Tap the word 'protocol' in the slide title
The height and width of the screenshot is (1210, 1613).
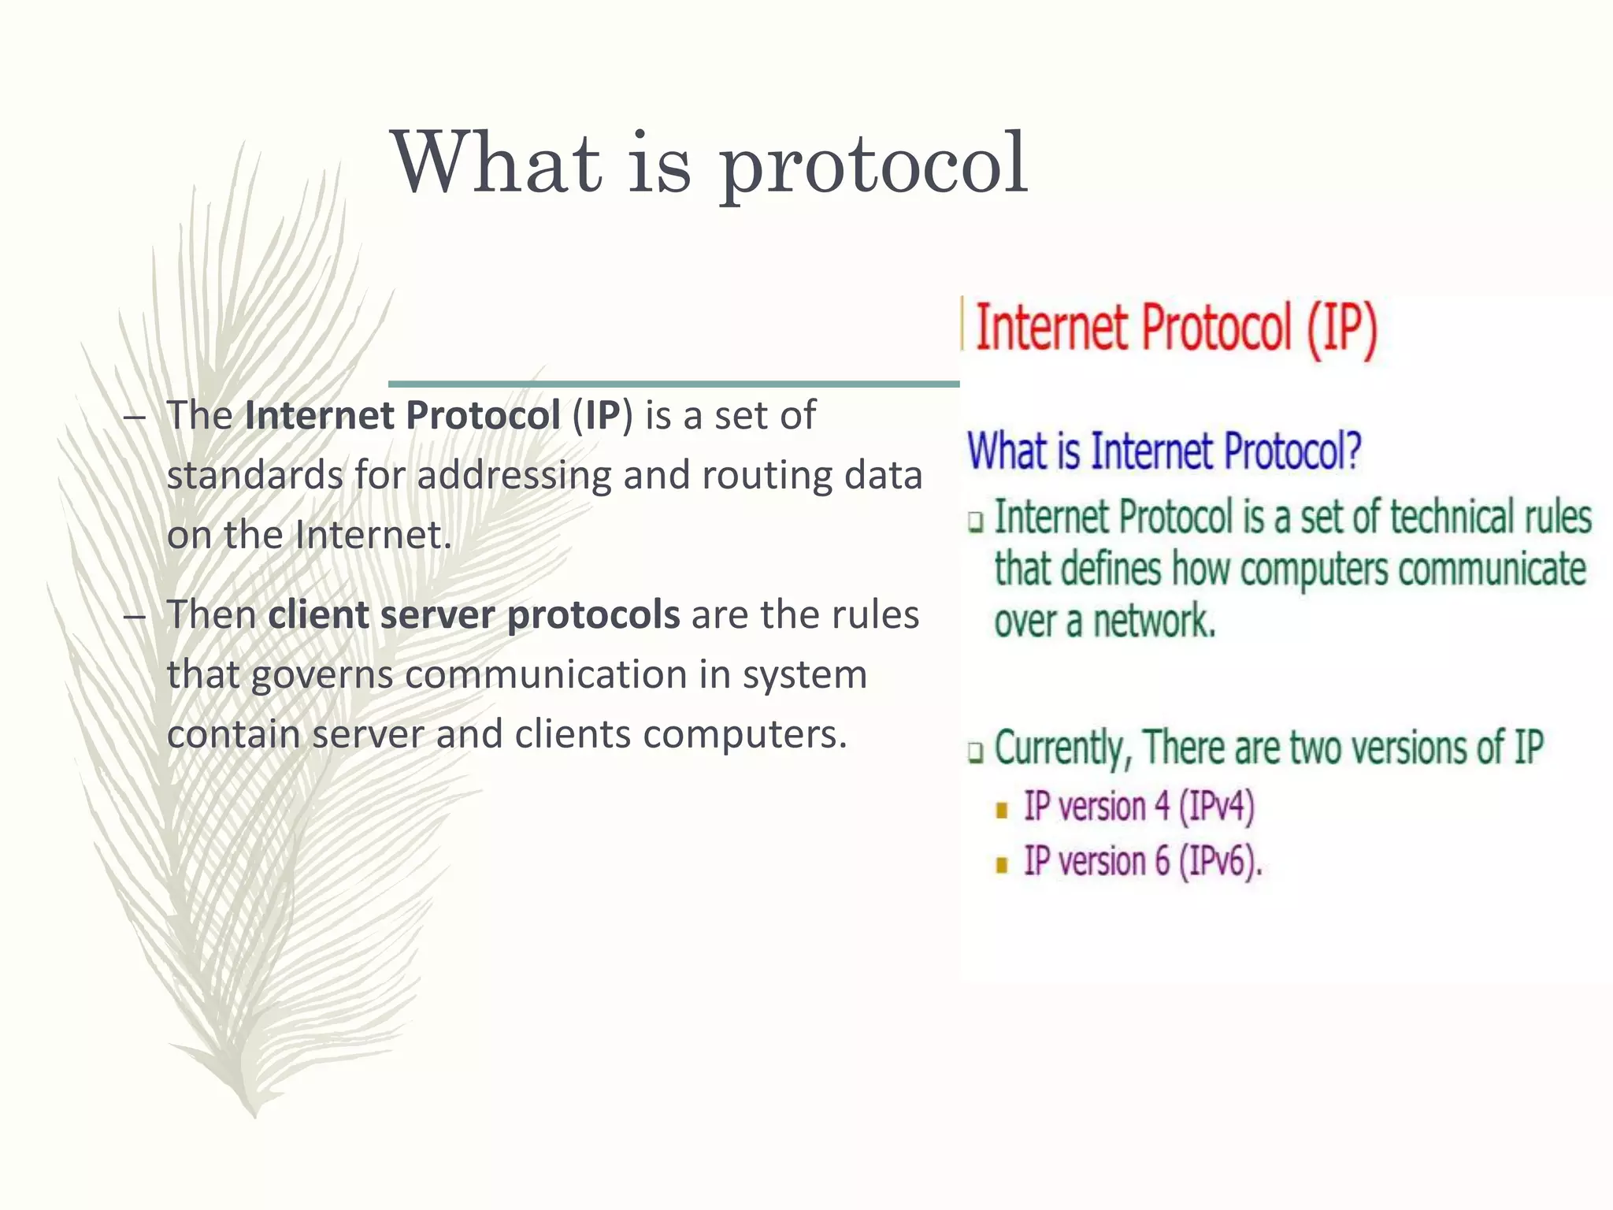tap(873, 167)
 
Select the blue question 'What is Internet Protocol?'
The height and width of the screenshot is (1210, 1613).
tap(1164, 451)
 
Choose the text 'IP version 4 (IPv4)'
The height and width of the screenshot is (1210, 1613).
tap(1138, 807)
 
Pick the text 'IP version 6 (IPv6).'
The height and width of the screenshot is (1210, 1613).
tap(1142, 861)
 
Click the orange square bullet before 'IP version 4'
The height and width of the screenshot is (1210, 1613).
tap(1002, 811)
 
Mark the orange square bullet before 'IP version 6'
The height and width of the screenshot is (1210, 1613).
tap(1002, 865)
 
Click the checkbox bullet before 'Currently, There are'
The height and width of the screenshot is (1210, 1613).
tap(977, 752)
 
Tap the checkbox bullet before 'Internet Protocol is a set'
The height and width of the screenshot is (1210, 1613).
tap(977, 521)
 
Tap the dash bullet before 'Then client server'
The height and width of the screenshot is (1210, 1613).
tap(135, 615)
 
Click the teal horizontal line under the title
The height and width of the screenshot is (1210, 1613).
tap(673, 384)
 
